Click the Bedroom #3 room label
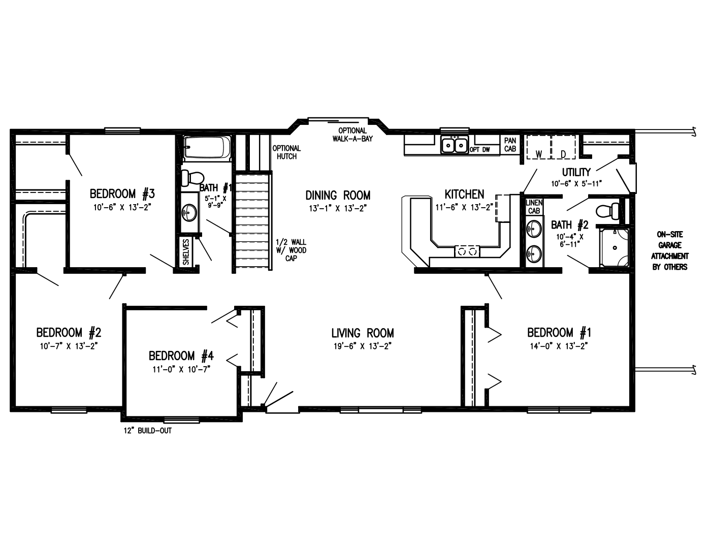click(122, 193)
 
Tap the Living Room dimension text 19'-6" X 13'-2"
click(362, 346)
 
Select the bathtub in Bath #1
click(207, 148)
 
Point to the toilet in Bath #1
click(192, 178)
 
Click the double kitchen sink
click(455, 145)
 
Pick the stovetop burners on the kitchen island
click(467, 250)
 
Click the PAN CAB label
click(510, 145)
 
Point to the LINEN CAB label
click(534, 207)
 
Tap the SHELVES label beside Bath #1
click(186, 252)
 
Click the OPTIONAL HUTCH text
click(286, 152)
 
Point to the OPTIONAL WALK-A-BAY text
click(352, 135)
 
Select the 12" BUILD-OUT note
click(148, 431)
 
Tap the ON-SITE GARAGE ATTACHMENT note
click(670, 251)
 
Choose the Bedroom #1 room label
click(559, 333)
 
